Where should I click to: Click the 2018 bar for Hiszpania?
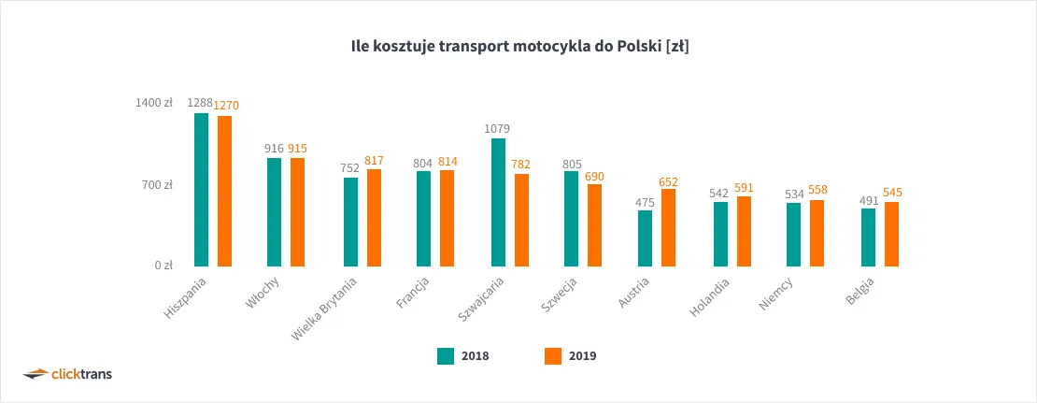coord(201,190)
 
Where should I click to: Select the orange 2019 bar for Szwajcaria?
coord(521,220)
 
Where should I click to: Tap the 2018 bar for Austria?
coord(645,238)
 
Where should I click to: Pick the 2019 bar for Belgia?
coord(891,234)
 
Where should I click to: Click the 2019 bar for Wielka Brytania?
coord(374,218)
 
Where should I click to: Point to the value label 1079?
coord(498,128)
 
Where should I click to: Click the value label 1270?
coord(226,106)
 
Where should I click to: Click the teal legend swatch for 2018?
coord(445,355)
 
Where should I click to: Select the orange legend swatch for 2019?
coord(551,355)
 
